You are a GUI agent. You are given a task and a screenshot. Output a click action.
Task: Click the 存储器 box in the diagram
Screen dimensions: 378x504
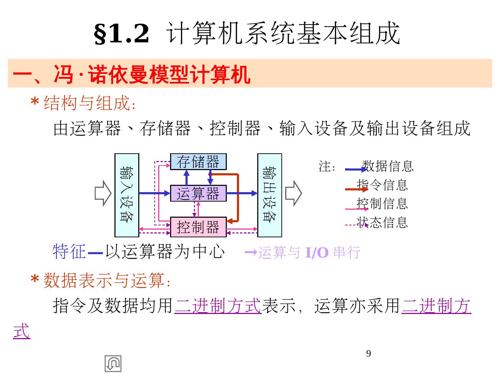coord(198,162)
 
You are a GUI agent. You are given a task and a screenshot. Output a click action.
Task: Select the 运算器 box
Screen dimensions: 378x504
coord(198,193)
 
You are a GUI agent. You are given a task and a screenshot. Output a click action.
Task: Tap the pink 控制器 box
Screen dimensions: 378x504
coord(198,227)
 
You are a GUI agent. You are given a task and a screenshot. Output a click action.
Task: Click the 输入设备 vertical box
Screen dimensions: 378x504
coord(127,195)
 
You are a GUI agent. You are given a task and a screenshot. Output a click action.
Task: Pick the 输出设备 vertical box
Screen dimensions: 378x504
coord(269,195)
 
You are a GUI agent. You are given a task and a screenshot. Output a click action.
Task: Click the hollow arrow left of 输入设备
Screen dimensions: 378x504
coord(103,193)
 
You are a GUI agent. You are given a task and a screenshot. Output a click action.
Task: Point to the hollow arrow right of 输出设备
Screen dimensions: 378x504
coord(293,193)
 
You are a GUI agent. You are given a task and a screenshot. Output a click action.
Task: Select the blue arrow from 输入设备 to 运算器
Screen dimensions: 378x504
coord(154,193)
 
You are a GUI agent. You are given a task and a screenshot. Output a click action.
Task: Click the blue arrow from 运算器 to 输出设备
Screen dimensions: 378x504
coord(242,193)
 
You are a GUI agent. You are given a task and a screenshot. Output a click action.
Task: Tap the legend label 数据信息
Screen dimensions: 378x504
coord(387,166)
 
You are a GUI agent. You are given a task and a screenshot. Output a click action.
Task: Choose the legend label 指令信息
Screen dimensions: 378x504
coord(382,185)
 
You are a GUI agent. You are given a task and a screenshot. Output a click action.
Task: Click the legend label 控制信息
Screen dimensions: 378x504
coord(382,203)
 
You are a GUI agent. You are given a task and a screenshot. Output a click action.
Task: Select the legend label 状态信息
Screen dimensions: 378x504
coord(382,222)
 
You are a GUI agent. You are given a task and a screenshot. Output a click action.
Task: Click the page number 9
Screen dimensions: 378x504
coord(368,353)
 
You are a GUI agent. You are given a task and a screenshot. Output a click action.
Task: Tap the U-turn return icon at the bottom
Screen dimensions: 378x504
coord(113,363)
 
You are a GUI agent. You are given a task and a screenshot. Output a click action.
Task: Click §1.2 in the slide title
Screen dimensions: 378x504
coord(121,34)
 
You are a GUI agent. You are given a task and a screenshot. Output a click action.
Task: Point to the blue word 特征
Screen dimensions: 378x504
coord(69,251)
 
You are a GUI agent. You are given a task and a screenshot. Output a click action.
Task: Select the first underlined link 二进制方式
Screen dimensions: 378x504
coord(218,305)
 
